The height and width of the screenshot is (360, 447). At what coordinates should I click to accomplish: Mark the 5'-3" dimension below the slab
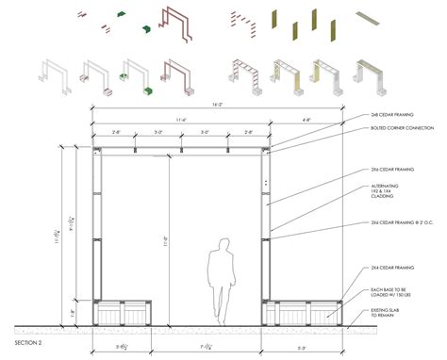(x=302, y=347)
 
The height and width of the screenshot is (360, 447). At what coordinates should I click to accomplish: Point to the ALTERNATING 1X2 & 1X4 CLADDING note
(x=386, y=192)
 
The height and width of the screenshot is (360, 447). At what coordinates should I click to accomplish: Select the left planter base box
(x=124, y=312)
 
